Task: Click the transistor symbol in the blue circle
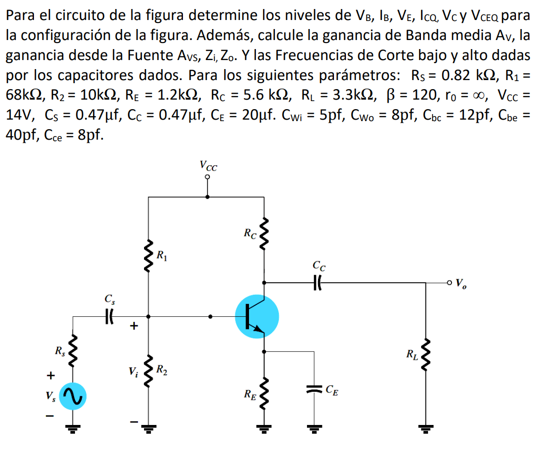point(256,317)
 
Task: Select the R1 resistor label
point(162,256)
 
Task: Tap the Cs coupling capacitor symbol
point(109,316)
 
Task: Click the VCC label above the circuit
point(208,165)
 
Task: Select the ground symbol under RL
point(425,427)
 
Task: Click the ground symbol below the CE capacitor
point(314,427)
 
